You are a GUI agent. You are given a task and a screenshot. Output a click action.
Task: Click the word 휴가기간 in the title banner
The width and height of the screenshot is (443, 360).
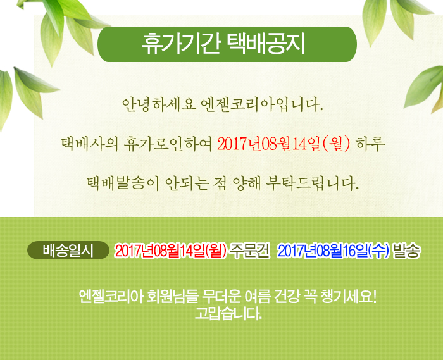tap(181, 44)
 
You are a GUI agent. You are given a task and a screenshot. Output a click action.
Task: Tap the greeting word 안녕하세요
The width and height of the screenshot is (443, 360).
tap(159, 105)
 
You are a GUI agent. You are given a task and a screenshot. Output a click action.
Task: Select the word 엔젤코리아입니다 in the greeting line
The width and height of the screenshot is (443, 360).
tap(261, 105)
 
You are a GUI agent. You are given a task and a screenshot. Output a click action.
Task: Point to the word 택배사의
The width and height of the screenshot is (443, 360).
tap(90, 144)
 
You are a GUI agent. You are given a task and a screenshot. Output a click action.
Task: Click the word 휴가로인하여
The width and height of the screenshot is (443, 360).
tap(168, 144)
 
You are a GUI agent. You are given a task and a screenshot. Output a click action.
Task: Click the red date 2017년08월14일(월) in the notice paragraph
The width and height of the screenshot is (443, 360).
tap(284, 144)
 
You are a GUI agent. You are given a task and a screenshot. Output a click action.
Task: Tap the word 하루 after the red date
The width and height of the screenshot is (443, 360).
tap(370, 144)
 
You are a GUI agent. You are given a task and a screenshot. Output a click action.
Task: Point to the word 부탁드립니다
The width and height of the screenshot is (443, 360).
tap(312, 183)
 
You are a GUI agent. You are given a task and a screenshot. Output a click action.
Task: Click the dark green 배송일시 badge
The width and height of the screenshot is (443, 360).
tap(68, 250)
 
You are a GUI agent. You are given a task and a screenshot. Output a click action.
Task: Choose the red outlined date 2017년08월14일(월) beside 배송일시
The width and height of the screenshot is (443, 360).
tap(171, 251)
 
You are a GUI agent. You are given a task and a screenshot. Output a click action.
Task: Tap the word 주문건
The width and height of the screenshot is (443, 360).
tap(250, 251)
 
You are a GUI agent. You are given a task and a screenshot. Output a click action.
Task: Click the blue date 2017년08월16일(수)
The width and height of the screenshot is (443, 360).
tap(334, 251)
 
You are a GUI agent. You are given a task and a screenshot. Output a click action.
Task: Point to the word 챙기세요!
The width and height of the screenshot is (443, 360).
tap(349, 297)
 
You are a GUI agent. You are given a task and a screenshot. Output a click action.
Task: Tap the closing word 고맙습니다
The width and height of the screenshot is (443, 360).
tap(228, 313)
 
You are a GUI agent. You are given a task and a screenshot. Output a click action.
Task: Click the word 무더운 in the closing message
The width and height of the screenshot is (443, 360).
tap(221, 297)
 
